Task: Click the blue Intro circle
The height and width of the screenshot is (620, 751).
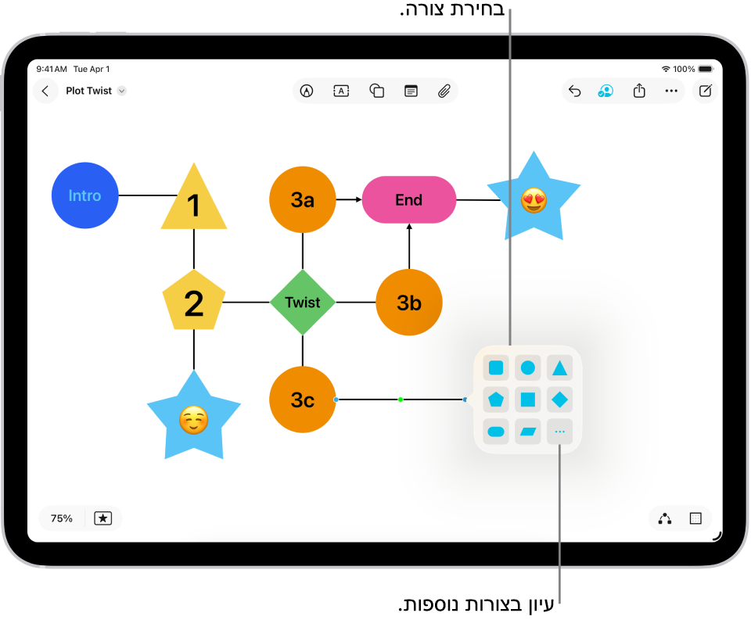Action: [x=84, y=195]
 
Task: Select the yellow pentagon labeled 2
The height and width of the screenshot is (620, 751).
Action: [x=194, y=302]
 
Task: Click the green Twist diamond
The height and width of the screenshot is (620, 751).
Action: [x=303, y=302]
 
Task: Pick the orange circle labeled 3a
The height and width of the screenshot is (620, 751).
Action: [x=303, y=199]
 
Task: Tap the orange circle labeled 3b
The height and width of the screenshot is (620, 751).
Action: [x=409, y=302]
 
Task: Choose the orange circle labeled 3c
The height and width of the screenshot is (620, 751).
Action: [x=303, y=400]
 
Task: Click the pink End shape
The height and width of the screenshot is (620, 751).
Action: [x=408, y=199]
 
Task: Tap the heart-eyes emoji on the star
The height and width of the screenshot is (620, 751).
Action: [x=534, y=201]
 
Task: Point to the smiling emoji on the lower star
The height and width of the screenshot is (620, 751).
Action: [x=193, y=421]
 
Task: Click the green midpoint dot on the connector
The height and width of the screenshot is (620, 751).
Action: [x=401, y=400]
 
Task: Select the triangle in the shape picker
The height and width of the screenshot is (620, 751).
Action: [x=559, y=367]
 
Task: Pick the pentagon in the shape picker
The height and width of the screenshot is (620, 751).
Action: [x=496, y=400]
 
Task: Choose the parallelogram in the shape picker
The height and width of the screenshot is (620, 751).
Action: [x=528, y=432]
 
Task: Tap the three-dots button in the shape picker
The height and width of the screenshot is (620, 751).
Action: [x=559, y=432]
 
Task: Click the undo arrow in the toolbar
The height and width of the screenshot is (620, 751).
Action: [x=574, y=91]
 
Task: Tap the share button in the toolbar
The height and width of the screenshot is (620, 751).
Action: [x=639, y=91]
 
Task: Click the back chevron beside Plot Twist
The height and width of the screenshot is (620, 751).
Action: [x=45, y=91]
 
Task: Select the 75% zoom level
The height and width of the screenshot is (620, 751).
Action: [x=62, y=518]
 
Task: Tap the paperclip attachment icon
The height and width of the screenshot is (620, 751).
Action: [x=444, y=91]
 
